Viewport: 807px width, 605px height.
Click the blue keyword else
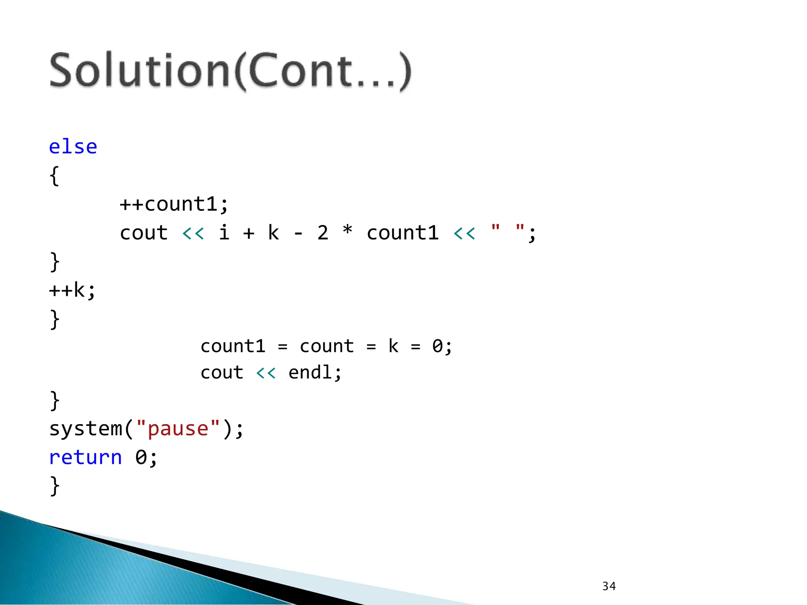tap(73, 147)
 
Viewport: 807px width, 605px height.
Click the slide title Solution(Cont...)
tap(230, 71)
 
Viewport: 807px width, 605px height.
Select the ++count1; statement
tap(174, 204)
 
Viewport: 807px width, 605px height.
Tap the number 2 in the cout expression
tap(323, 233)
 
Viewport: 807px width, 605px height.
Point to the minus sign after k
tap(298, 234)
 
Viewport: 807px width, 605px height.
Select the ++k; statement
tap(72, 291)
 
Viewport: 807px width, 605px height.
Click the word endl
tap(310, 373)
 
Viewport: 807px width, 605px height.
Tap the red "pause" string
tap(178, 429)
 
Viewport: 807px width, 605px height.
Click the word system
tap(86, 429)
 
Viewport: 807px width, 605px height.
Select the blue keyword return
tap(86, 457)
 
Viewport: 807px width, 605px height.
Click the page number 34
tap(609, 586)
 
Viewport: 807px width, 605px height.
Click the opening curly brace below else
tap(54, 176)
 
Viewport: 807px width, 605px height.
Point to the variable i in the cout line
tap(224, 232)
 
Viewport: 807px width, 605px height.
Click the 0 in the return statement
tap(141, 458)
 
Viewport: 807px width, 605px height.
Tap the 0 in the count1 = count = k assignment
tap(437, 347)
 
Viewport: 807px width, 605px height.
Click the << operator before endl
tap(266, 373)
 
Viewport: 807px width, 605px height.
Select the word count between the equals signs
tap(327, 347)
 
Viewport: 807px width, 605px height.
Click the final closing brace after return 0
tap(54, 486)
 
